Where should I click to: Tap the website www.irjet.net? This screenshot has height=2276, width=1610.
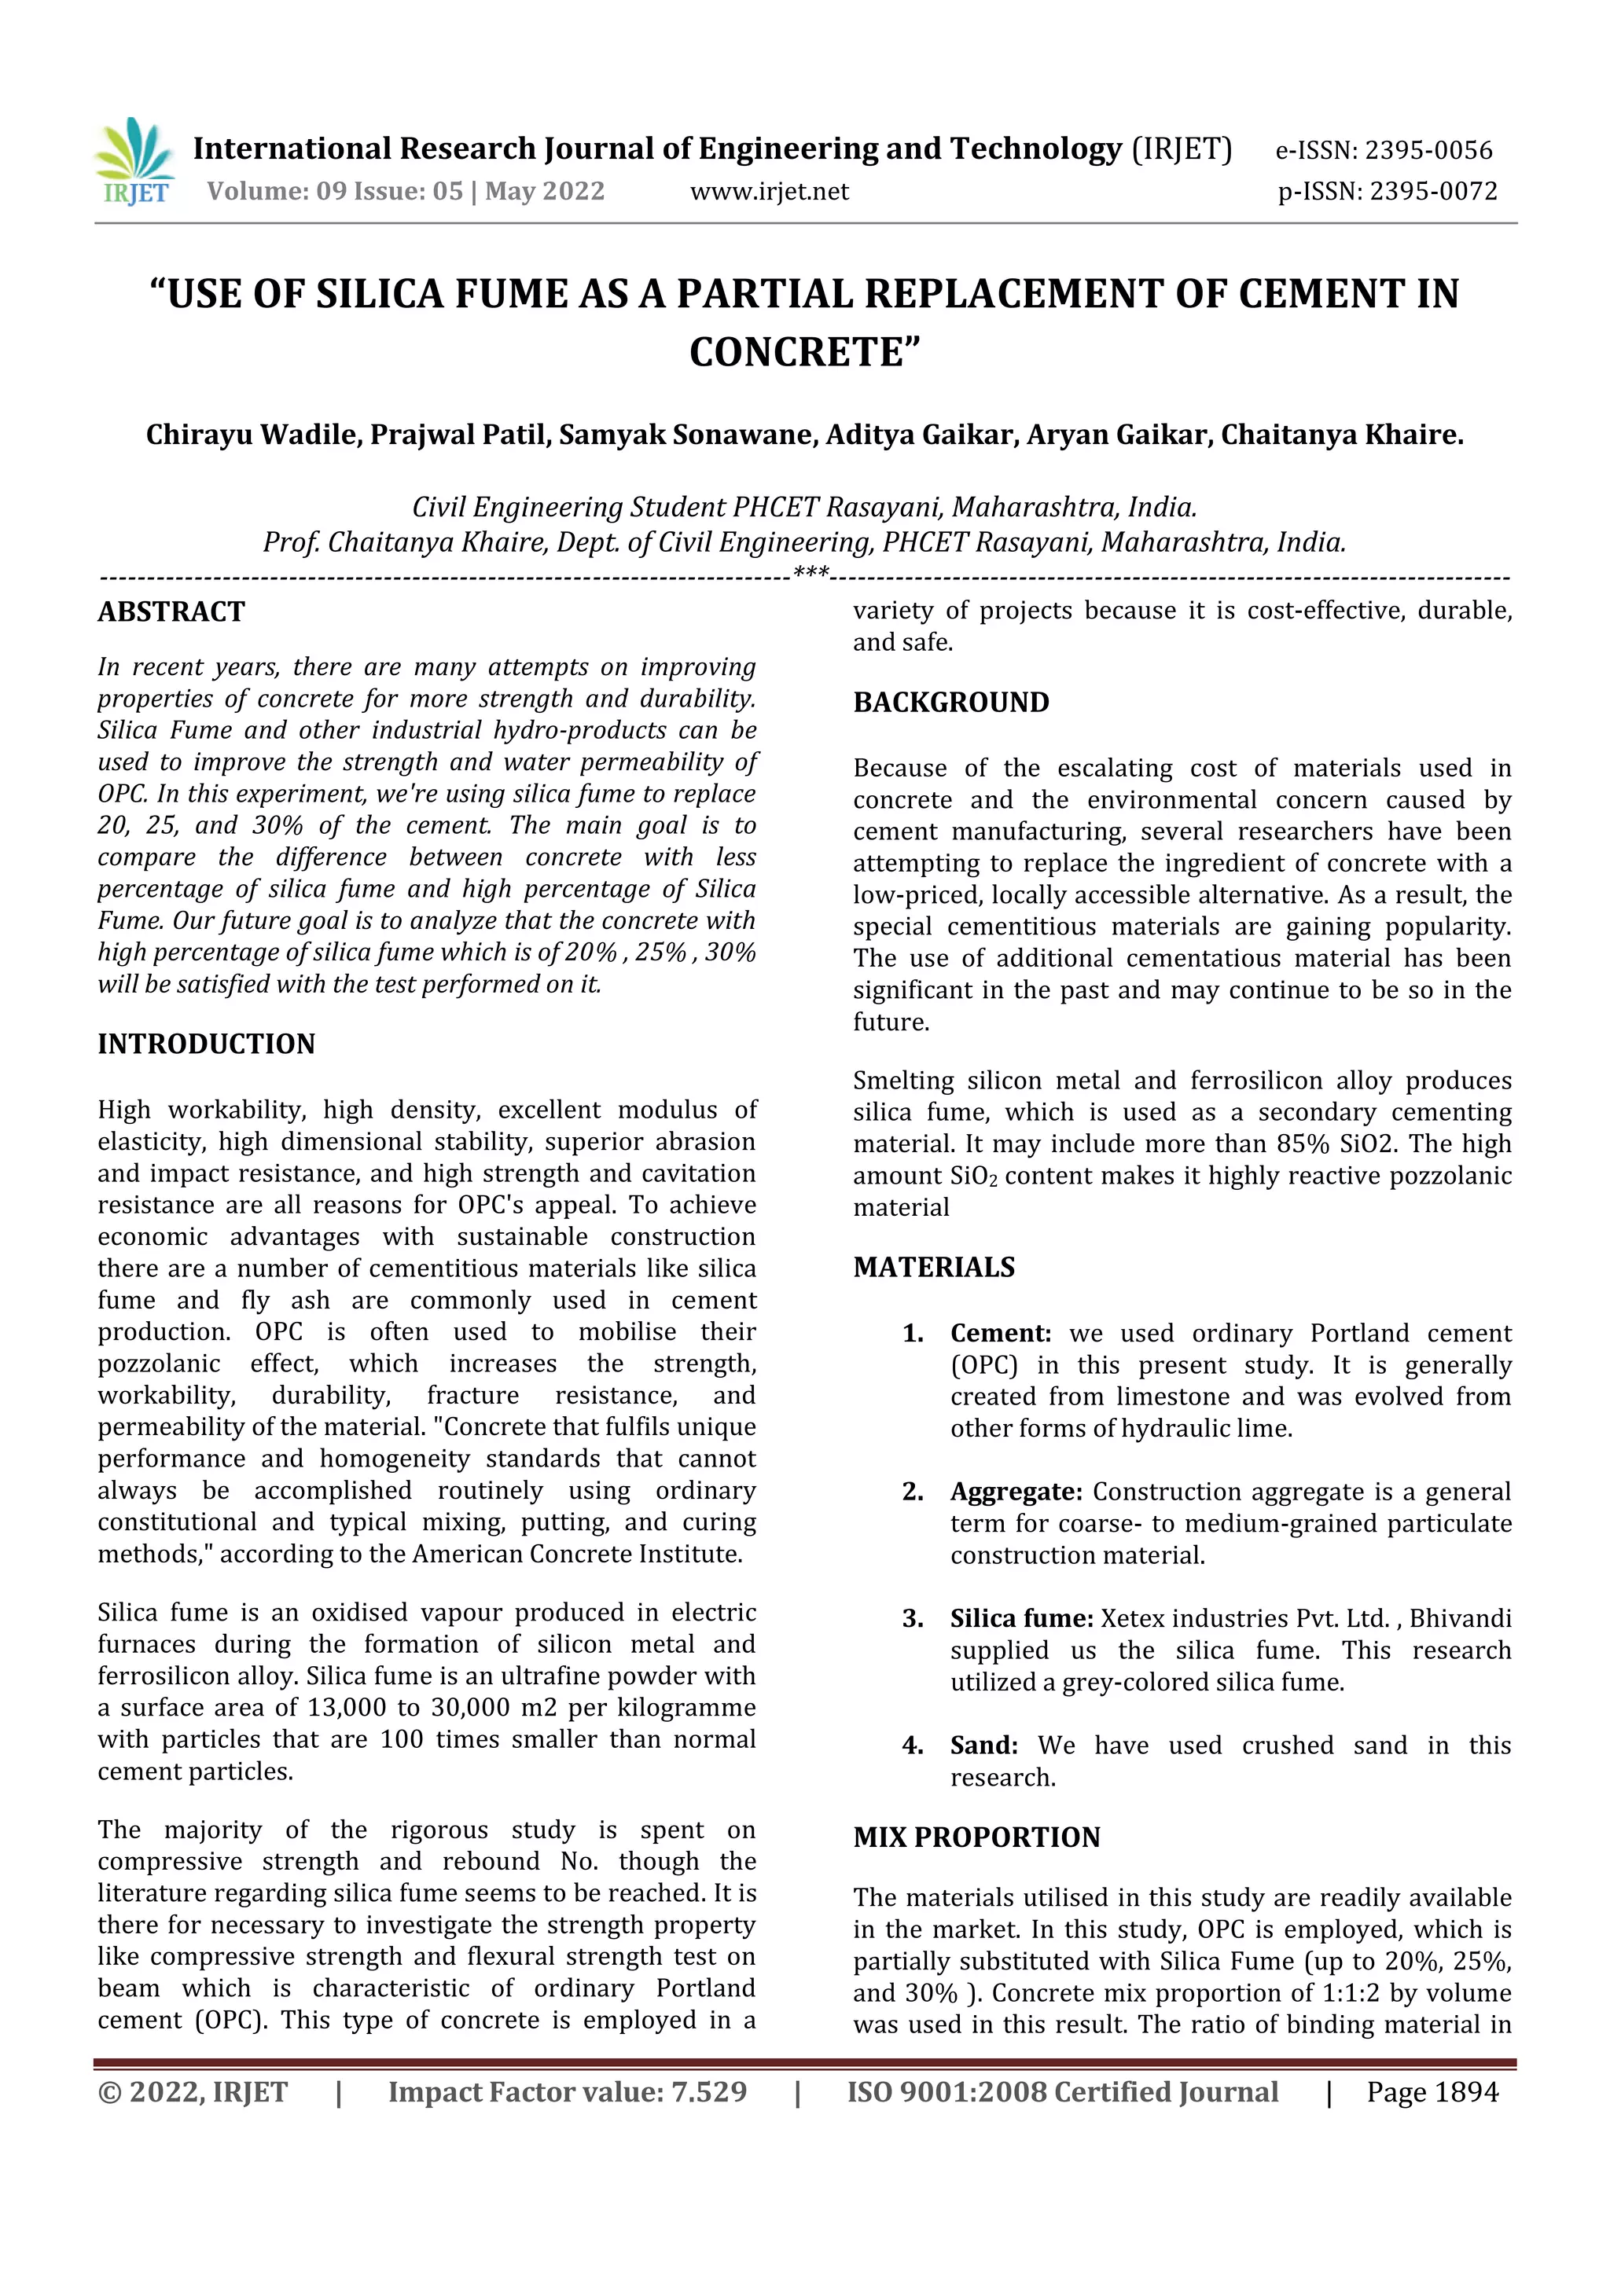coord(770,191)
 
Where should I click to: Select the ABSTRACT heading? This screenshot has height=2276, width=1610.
coord(171,611)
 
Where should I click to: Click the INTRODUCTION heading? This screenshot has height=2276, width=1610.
coord(206,1044)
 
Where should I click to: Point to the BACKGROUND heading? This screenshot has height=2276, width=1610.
coord(950,702)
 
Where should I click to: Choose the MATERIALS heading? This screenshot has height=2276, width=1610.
coord(934,1267)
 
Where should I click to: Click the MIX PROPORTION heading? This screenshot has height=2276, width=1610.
coord(976,1837)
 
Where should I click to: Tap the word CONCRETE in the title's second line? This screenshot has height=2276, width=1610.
coord(805,352)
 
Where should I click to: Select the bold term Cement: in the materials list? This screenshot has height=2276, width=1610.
coord(1000,1333)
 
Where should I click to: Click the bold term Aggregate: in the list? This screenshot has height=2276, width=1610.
coord(1016,1492)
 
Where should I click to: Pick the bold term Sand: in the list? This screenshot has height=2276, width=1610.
coord(983,1746)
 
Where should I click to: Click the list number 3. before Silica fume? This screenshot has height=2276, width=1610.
coord(912,1619)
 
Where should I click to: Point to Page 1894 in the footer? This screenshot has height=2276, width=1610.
coord(1432,2093)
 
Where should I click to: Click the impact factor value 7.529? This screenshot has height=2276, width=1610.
coord(709,2093)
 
